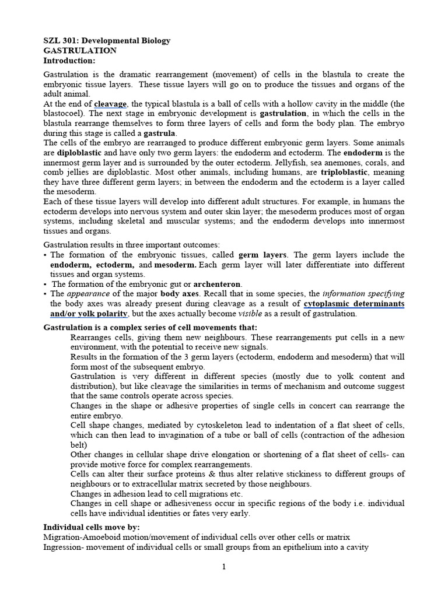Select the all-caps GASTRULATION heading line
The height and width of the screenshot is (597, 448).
pos(80,51)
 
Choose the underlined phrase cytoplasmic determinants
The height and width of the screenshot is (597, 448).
pos(354,304)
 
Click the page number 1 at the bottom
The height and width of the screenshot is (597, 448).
pos(224,568)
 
